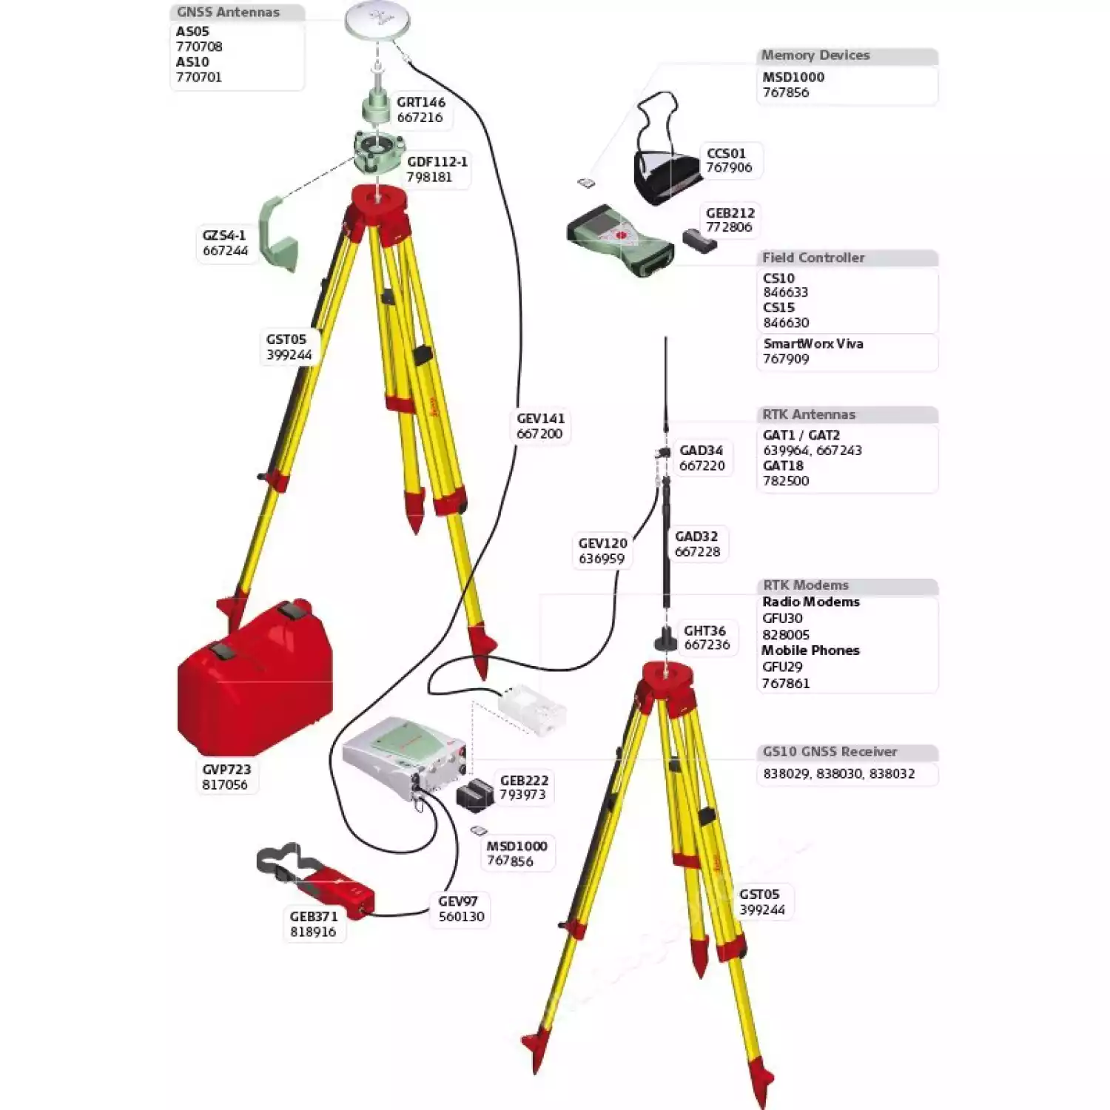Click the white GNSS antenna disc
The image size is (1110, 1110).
coord(377,21)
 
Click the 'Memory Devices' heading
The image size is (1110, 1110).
coord(815,55)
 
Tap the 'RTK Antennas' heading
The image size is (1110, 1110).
coord(808,414)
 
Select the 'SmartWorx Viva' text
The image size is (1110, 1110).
coord(813,343)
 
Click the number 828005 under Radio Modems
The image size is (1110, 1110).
coord(785,634)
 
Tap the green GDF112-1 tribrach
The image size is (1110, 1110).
coord(377,152)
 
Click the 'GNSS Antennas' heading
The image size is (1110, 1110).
coord(228,13)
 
